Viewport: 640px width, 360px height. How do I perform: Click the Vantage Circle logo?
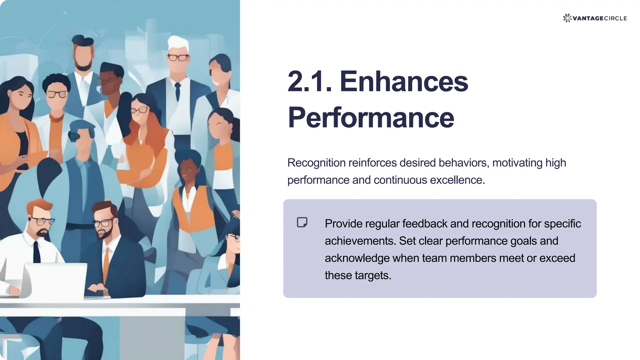pyautogui.click(x=594, y=18)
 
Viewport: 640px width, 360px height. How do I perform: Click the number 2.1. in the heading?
pyautogui.click(x=309, y=81)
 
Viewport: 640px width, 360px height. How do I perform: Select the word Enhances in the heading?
pyautogui.click(x=404, y=81)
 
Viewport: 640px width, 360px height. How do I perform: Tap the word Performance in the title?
pyautogui.click(x=371, y=117)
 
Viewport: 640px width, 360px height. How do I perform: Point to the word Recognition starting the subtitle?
pyautogui.click(x=316, y=163)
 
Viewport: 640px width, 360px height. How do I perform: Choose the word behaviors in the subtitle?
pyautogui.click(x=464, y=163)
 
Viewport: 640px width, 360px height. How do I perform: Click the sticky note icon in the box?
pyautogui.click(x=302, y=222)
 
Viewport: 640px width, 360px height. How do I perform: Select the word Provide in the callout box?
pyautogui.click(x=343, y=224)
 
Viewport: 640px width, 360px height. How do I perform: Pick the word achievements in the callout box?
pyautogui.click(x=360, y=241)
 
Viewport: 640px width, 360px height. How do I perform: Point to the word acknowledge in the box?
pyautogui.click(x=357, y=258)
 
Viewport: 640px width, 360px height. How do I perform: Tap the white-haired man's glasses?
pyautogui.click(x=178, y=57)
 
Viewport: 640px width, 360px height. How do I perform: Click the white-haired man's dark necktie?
pyautogui.click(x=177, y=91)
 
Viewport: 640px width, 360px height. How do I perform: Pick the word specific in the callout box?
pyautogui.click(x=562, y=224)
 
